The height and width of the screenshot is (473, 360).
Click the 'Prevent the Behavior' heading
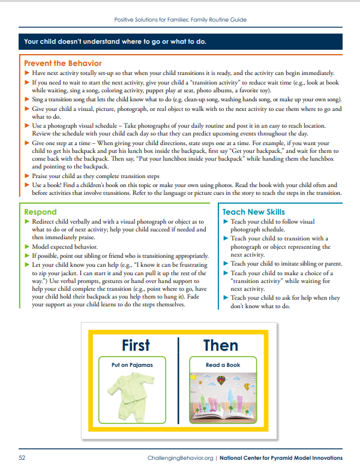[62, 63]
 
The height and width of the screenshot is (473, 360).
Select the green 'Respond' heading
[40, 212]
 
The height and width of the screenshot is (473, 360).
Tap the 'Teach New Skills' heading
[253, 212]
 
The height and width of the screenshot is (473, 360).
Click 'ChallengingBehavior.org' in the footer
[179, 458]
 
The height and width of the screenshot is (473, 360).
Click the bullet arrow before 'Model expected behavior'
[26, 247]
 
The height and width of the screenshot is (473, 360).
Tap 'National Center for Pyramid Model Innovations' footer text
[281, 458]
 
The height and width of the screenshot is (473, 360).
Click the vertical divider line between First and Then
[178, 378]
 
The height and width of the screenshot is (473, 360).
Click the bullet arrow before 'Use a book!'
[26, 185]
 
